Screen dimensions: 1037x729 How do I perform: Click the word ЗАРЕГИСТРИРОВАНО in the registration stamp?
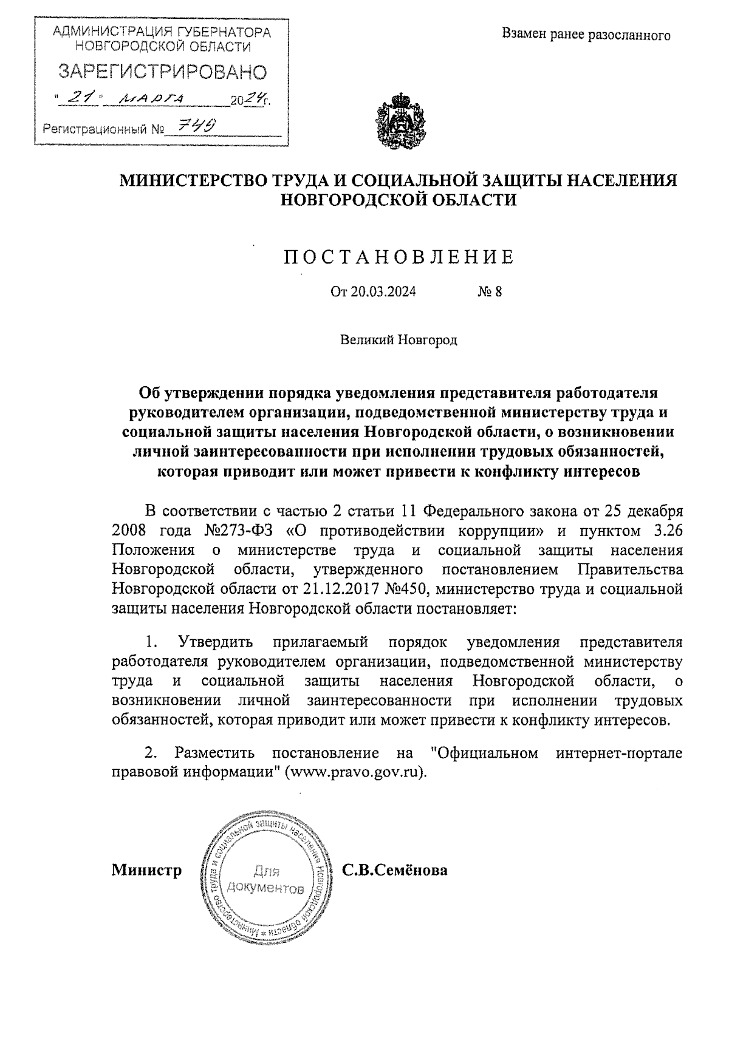click(x=162, y=72)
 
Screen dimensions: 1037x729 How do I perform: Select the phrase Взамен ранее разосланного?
click(x=586, y=35)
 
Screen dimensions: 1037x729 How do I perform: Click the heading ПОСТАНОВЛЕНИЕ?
click(x=399, y=257)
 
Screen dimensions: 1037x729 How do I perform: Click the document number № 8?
click(x=490, y=292)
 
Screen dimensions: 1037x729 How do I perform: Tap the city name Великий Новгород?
click(x=398, y=339)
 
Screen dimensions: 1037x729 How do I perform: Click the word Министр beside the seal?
click(x=146, y=870)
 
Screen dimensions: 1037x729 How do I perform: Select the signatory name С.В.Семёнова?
click(x=395, y=870)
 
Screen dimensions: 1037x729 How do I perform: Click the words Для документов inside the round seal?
click(x=265, y=880)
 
